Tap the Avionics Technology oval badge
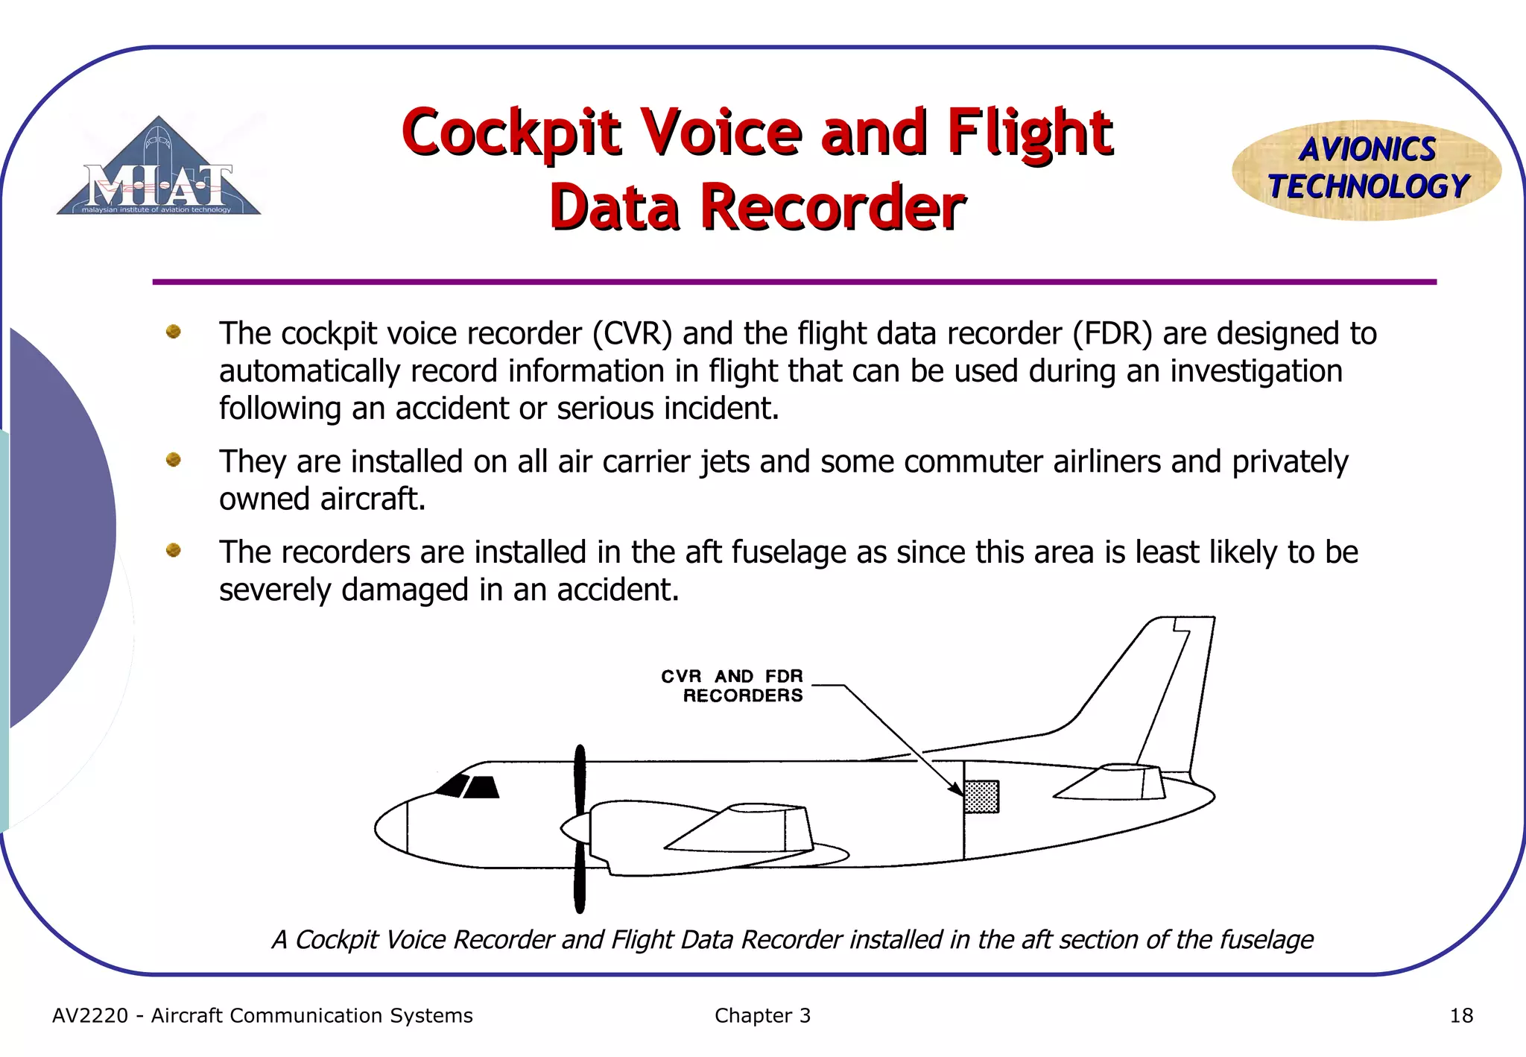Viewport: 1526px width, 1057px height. (1367, 170)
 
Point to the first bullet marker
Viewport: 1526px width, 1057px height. (174, 332)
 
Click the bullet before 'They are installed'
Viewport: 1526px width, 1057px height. (174, 460)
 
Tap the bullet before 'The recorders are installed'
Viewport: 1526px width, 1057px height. (174, 550)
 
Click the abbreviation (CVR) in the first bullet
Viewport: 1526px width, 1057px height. (633, 333)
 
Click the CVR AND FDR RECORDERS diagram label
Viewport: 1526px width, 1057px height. (732, 686)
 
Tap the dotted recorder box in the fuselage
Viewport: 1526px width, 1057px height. (981, 797)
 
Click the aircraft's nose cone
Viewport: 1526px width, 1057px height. (390, 827)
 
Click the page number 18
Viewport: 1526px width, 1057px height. (1461, 1015)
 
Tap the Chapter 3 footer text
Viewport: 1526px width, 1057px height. (762, 1015)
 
